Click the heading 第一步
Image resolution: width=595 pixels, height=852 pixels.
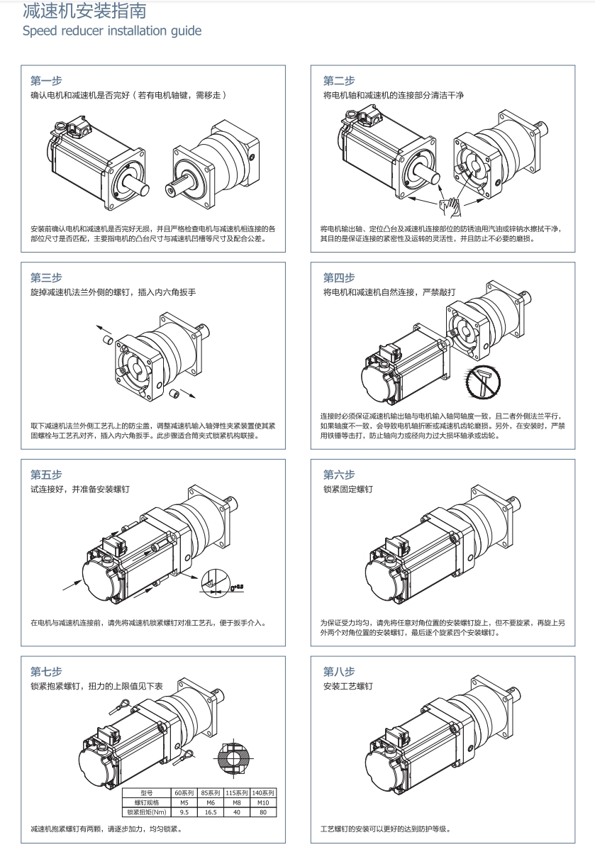(x=46, y=80)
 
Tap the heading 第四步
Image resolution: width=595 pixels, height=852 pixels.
(x=339, y=277)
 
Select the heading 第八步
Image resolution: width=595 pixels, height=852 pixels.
(x=339, y=671)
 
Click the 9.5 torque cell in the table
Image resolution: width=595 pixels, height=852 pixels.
(x=184, y=812)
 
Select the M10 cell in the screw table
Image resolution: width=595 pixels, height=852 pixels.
(x=263, y=802)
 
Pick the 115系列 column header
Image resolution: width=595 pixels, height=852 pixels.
(x=237, y=792)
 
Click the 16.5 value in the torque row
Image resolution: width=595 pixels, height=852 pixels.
(x=210, y=812)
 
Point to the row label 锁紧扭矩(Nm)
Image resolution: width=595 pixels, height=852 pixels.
(x=148, y=812)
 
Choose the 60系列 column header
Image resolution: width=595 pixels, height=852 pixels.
(x=184, y=792)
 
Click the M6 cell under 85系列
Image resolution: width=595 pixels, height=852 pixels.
(x=210, y=802)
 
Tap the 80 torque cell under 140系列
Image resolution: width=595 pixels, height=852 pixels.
(x=263, y=812)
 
